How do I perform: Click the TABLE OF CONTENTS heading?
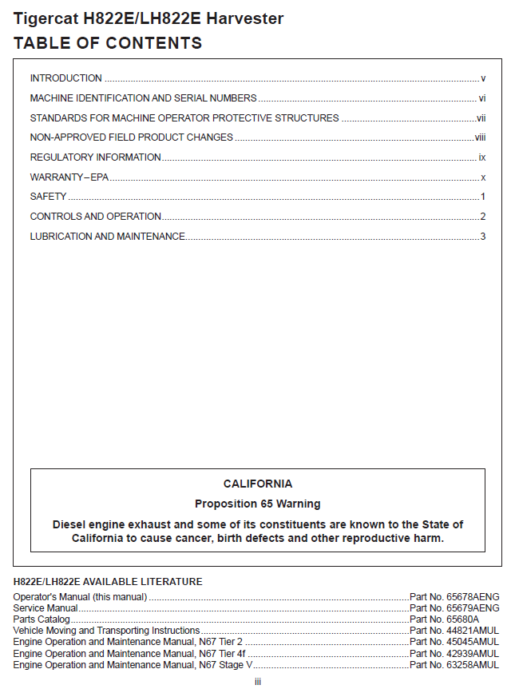[x=108, y=43]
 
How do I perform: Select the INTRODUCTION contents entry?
[x=66, y=78]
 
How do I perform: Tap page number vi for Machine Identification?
[x=482, y=98]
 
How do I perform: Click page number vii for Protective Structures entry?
[x=481, y=118]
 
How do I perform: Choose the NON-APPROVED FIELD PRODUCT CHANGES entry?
[x=132, y=137]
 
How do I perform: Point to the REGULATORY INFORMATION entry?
[x=96, y=157]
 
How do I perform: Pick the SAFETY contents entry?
[x=48, y=197]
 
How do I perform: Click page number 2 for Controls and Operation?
[x=483, y=217]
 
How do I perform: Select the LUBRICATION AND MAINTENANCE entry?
[x=108, y=237]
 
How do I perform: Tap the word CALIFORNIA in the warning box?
[x=257, y=484]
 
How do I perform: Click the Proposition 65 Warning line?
[x=257, y=504]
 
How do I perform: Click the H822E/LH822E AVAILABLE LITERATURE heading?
[x=108, y=581]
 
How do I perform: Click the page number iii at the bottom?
[x=258, y=681]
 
